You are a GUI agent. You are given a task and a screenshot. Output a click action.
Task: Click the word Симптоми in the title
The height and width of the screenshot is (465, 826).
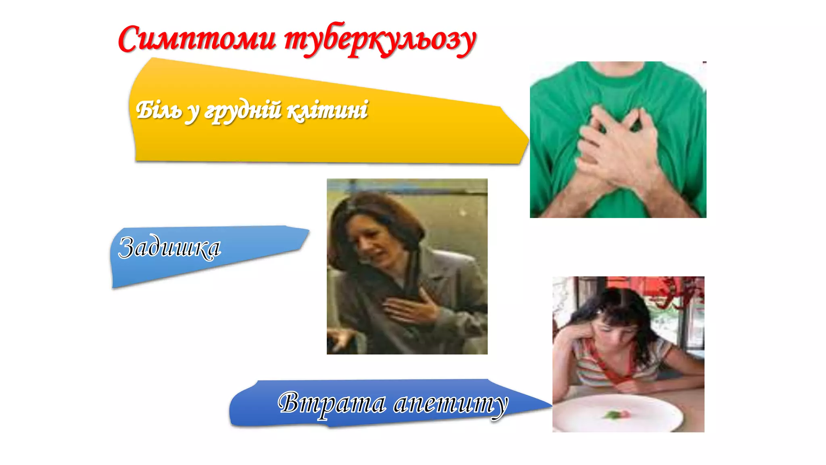coord(197,40)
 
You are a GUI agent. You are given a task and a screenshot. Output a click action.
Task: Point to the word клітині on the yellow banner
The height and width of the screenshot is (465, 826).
coord(327,110)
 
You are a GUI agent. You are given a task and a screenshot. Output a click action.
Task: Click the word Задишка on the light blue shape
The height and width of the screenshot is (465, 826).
coord(169,247)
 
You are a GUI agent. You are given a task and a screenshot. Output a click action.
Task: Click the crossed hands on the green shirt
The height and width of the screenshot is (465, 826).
coord(617,149)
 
